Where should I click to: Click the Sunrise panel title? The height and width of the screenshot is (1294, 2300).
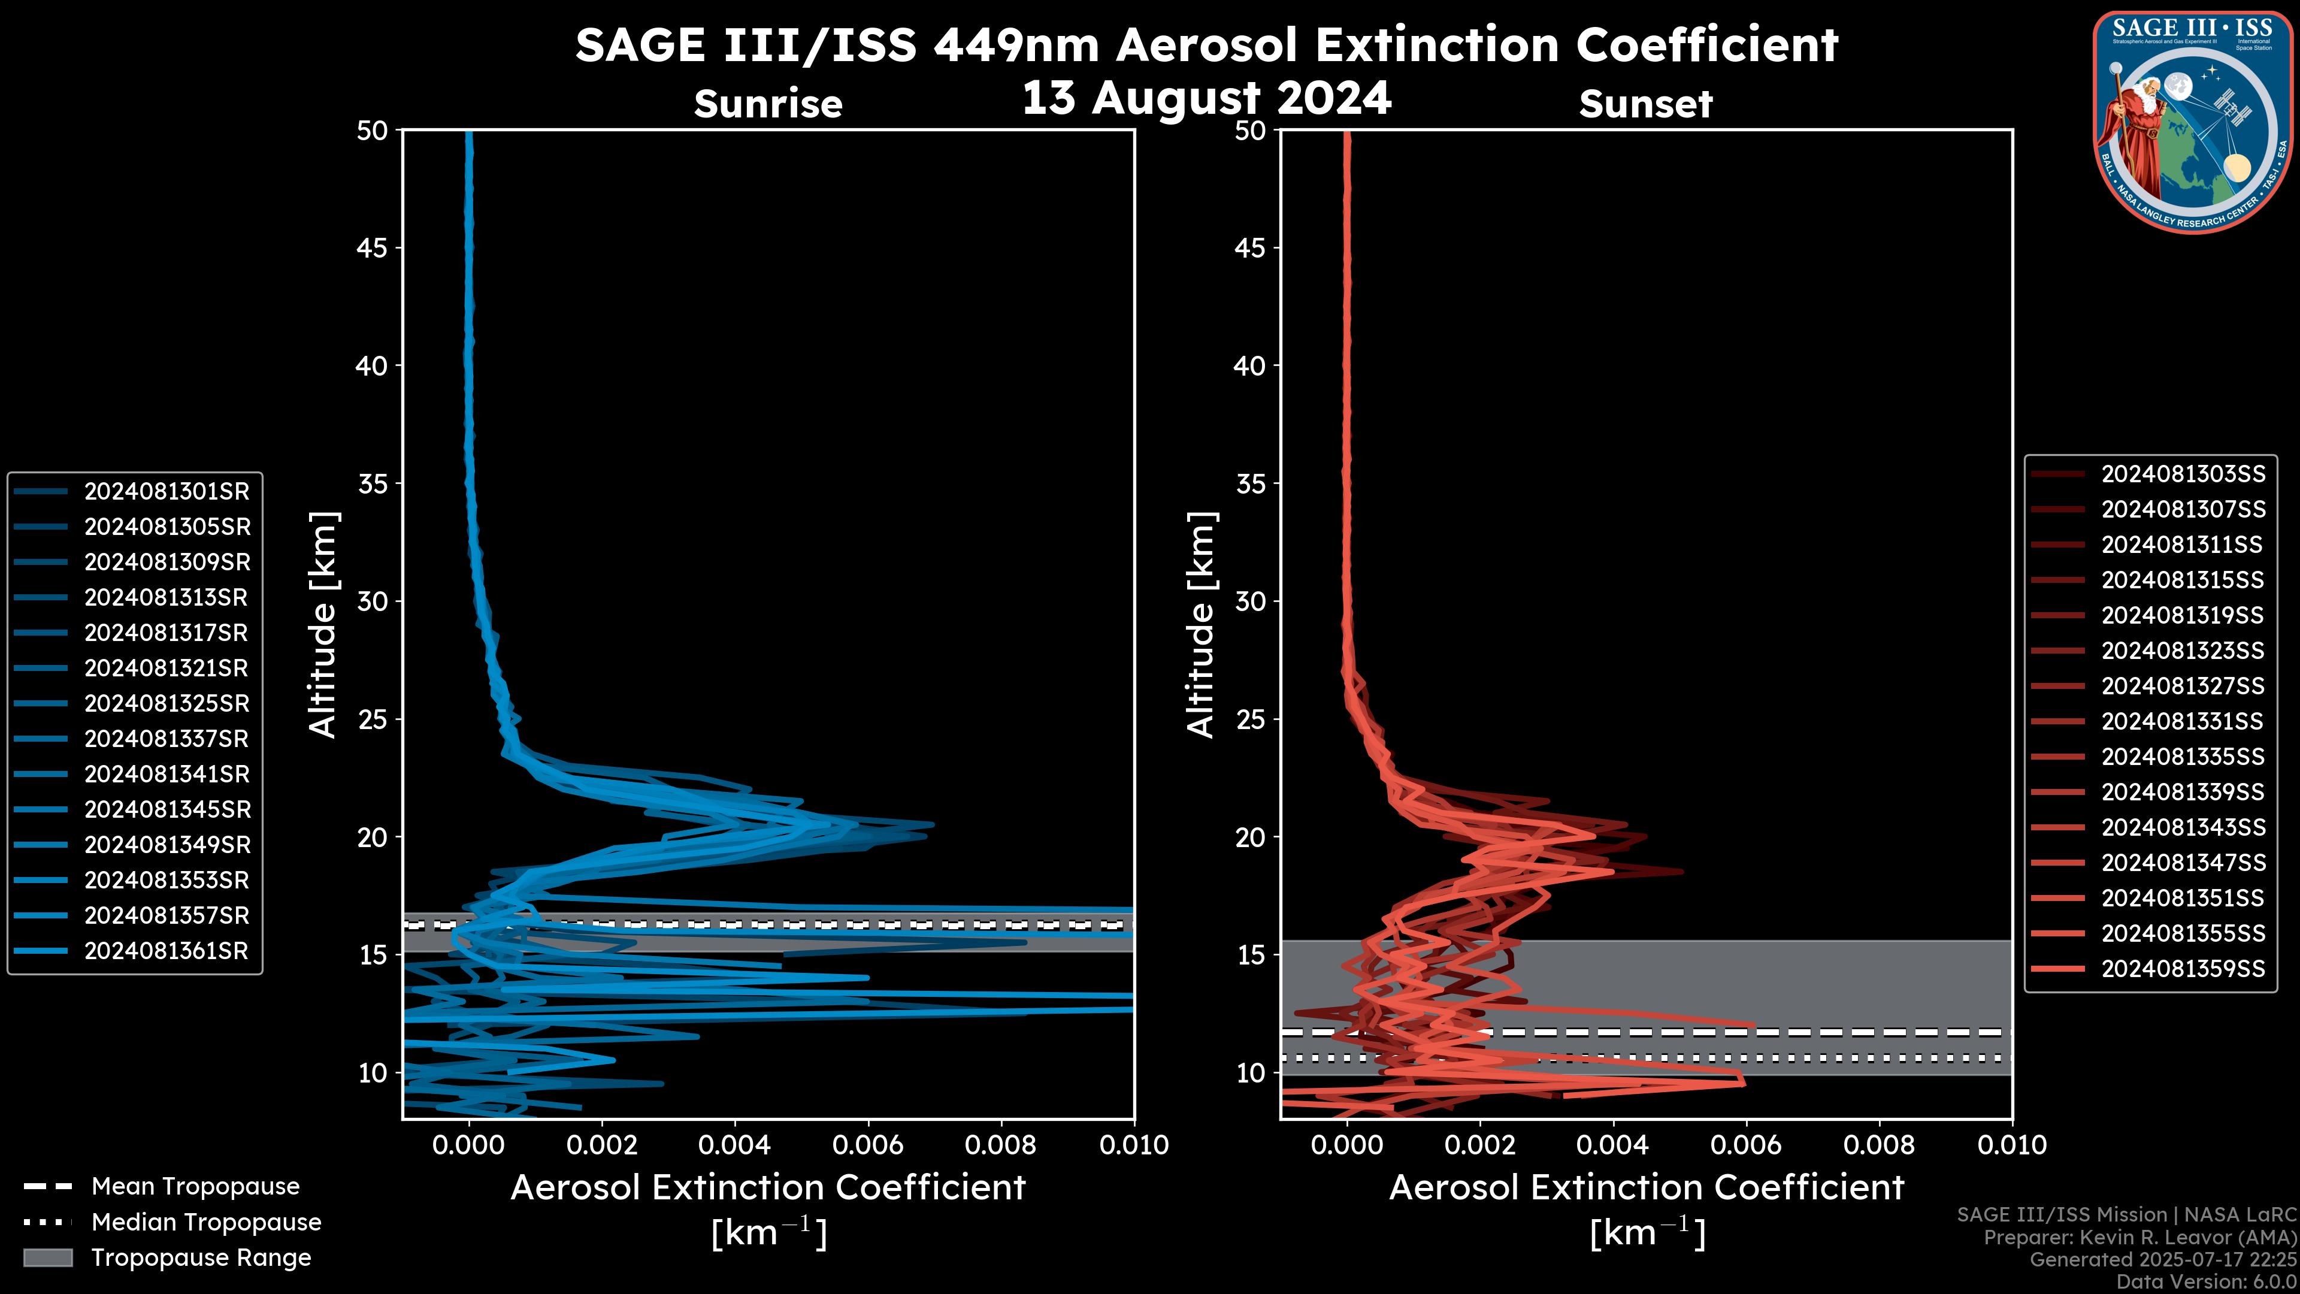pyautogui.click(x=768, y=104)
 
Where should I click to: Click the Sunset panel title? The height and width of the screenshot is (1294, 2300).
pyautogui.click(x=1645, y=104)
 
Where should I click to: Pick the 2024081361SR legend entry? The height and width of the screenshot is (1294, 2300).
pyautogui.click(x=166, y=951)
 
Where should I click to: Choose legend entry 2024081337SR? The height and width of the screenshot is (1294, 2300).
pyautogui.click(x=166, y=739)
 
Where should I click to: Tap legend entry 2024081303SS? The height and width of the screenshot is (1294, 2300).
pyautogui.click(x=2183, y=473)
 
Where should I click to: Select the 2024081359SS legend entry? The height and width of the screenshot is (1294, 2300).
pyautogui.click(x=2183, y=969)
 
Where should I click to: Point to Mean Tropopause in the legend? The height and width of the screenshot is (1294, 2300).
pyautogui.click(x=195, y=1186)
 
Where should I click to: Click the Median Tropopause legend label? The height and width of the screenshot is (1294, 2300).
pyautogui.click(x=205, y=1222)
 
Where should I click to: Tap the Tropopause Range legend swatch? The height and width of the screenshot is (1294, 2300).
pyautogui.click(x=47, y=1257)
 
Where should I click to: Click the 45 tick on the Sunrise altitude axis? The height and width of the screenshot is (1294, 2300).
pyautogui.click(x=373, y=247)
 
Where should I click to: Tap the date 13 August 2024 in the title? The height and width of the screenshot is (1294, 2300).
pyautogui.click(x=1206, y=97)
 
